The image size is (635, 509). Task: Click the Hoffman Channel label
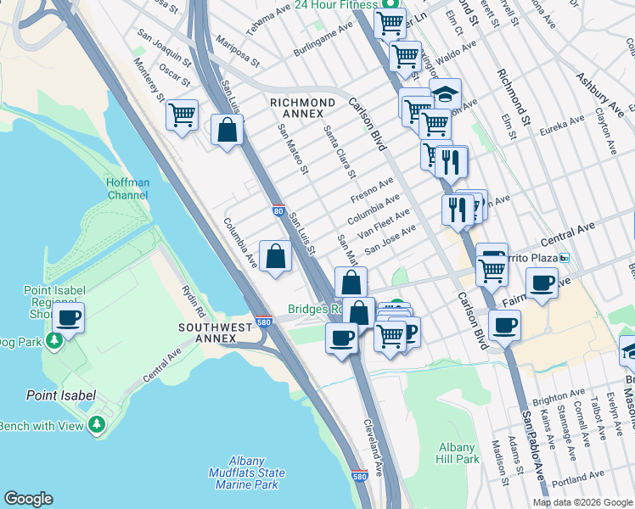128,188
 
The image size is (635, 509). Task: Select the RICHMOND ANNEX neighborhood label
296,108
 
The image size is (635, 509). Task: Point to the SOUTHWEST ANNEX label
216,333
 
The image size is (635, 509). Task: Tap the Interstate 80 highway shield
278,210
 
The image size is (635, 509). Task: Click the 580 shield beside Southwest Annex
263,322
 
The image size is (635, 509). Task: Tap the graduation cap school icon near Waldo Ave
445,92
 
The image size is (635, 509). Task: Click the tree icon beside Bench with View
98,424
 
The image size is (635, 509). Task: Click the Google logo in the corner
28,499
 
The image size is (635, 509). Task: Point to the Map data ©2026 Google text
582,502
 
